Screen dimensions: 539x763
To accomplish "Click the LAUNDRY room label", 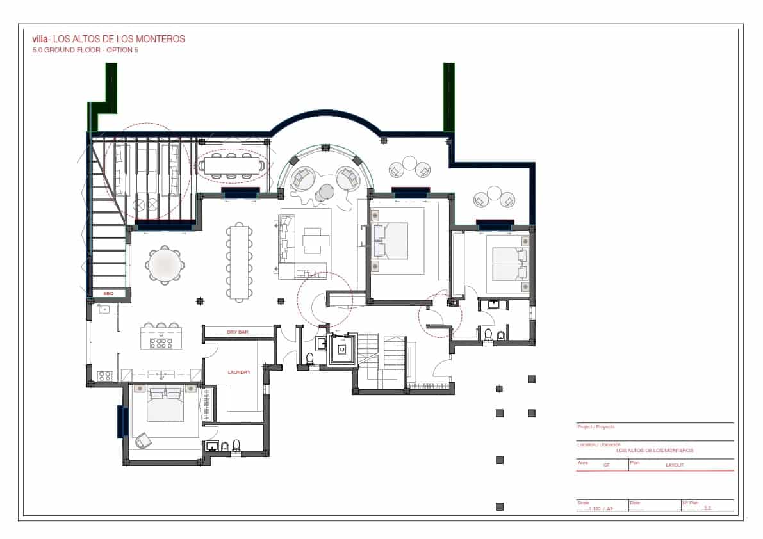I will (239, 372).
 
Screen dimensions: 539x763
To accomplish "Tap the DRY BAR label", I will (237, 332).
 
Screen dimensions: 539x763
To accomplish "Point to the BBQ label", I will (108, 293).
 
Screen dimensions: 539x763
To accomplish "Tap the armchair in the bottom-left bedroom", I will (144, 441).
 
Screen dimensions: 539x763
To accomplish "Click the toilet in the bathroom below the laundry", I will (236, 445).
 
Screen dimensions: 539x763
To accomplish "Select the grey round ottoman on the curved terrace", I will (326, 192).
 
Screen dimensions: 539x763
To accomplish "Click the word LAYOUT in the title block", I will (675, 465).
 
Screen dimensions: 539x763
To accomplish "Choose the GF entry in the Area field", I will (606, 465).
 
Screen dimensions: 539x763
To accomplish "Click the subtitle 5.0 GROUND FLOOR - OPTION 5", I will (85, 50).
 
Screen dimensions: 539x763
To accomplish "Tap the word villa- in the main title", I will (41, 39).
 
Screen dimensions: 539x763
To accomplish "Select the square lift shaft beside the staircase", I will (341, 350).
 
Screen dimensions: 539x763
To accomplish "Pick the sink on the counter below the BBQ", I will (104, 310).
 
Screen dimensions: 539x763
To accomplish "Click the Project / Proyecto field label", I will (596, 426).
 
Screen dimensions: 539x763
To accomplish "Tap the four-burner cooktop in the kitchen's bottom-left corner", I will (104, 376).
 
